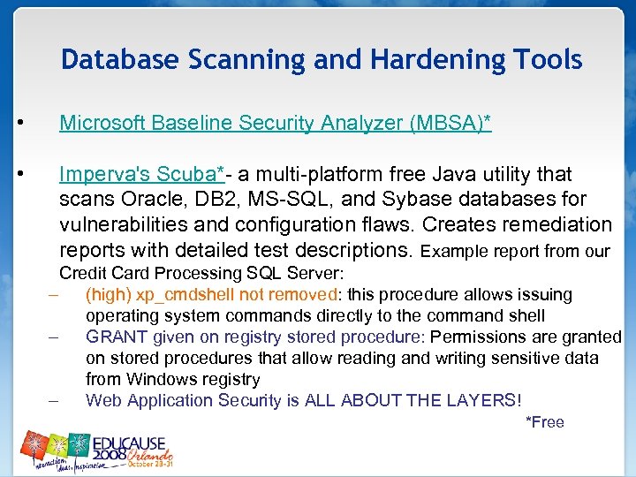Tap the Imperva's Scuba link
142,174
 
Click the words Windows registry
193,379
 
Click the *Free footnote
544,422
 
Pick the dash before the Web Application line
55,400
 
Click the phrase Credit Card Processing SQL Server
201,273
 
